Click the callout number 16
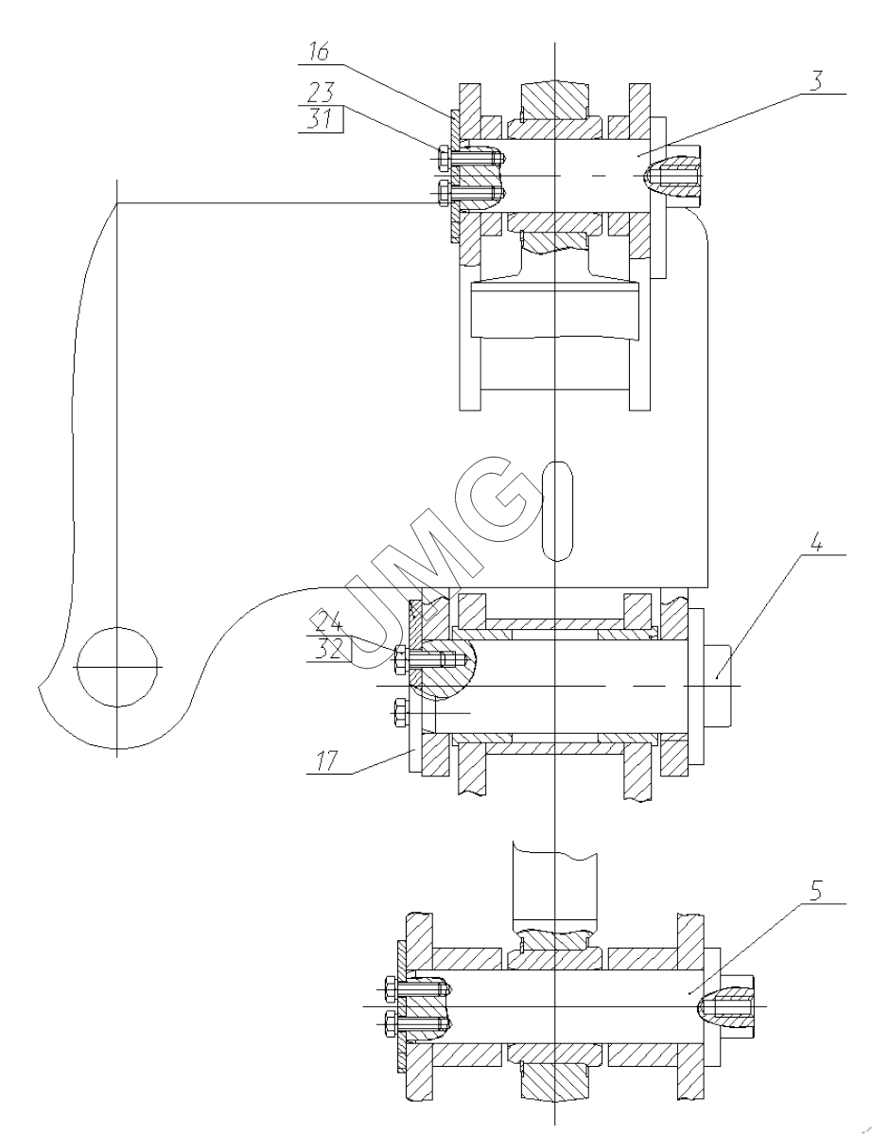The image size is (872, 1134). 318,52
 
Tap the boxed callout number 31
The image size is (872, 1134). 321,118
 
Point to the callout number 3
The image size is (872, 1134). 815,80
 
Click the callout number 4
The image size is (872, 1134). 815,543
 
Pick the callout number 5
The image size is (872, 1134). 815,891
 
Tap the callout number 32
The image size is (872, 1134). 329,650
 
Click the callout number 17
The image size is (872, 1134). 327,761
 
